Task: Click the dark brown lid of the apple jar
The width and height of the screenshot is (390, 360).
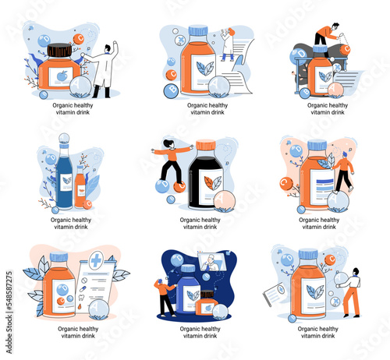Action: click(x=59, y=50)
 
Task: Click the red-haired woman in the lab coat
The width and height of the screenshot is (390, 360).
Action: click(x=228, y=44)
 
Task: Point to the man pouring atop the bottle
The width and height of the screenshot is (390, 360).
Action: click(x=327, y=34)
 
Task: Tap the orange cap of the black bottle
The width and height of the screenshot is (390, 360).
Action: click(x=205, y=145)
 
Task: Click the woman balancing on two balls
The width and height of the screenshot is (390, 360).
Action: click(x=172, y=161)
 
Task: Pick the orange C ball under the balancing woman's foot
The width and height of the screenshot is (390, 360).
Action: click(x=179, y=187)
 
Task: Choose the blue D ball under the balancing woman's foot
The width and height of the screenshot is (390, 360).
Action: click(x=162, y=186)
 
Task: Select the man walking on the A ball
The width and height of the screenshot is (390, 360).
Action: click(x=344, y=172)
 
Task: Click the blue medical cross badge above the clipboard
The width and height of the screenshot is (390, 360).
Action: click(x=96, y=260)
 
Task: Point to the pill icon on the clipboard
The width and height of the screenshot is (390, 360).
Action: click(x=83, y=288)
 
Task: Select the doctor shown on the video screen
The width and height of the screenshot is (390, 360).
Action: click(x=210, y=263)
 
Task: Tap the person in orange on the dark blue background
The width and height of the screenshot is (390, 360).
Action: click(x=164, y=297)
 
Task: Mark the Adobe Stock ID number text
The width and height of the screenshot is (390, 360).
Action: click(x=9, y=291)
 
